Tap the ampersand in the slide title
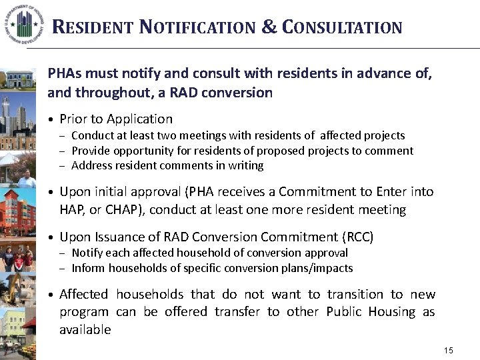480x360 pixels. [269, 27]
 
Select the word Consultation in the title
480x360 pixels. [342, 28]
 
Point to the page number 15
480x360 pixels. [448, 351]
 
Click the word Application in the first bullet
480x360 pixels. [139, 119]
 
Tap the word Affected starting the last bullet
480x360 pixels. [84, 295]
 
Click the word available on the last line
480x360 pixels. [85, 330]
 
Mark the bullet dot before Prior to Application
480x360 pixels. [51, 120]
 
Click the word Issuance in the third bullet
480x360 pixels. [121, 237]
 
